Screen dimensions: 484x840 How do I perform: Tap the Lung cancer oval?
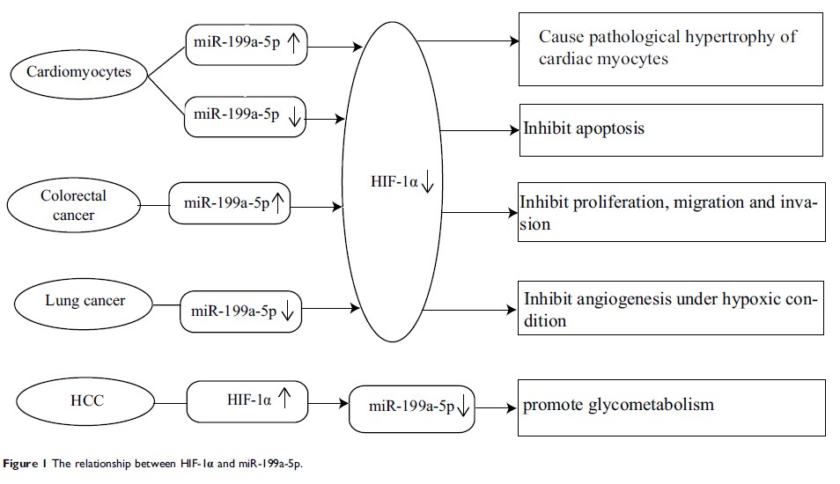tap(85, 301)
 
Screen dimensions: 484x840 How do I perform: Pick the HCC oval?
tap(88, 401)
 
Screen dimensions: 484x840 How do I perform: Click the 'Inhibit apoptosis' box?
tap(671, 129)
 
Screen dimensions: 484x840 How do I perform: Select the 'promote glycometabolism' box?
tap(671, 407)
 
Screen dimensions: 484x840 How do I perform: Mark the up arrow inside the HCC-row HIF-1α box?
tap(284, 399)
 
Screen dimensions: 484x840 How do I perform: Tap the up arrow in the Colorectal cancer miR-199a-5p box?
tap(278, 204)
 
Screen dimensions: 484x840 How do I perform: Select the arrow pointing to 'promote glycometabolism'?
tap(497, 407)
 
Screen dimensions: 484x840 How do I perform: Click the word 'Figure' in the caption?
tap(22, 463)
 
